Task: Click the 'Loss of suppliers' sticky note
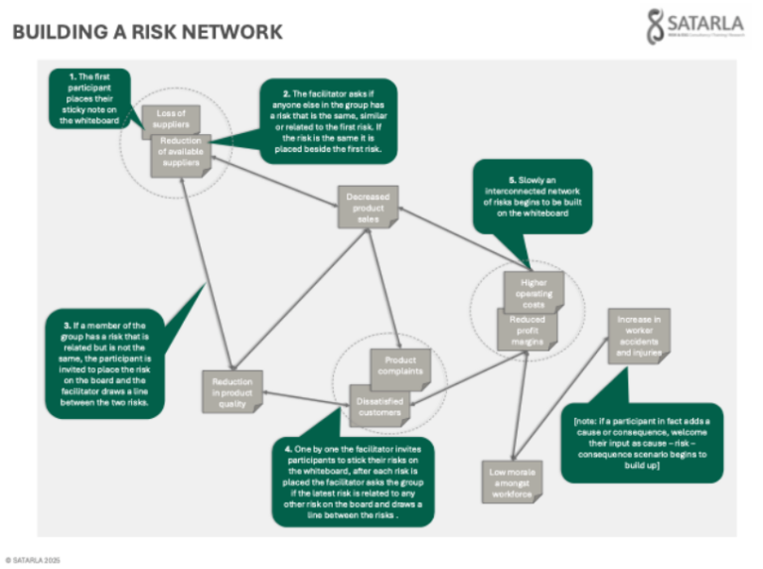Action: [x=171, y=118]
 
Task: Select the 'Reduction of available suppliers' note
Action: [x=180, y=155]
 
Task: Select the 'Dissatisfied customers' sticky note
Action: [x=379, y=402]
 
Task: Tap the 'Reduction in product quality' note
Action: [x=231, y=392]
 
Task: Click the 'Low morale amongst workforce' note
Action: [x=510, y=481]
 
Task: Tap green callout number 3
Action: [x=104, y=362]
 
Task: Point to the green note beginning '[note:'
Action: [x=641, y=442]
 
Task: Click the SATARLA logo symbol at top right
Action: [x=655, y=27]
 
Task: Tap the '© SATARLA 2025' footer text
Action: [x=32, y=559]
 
